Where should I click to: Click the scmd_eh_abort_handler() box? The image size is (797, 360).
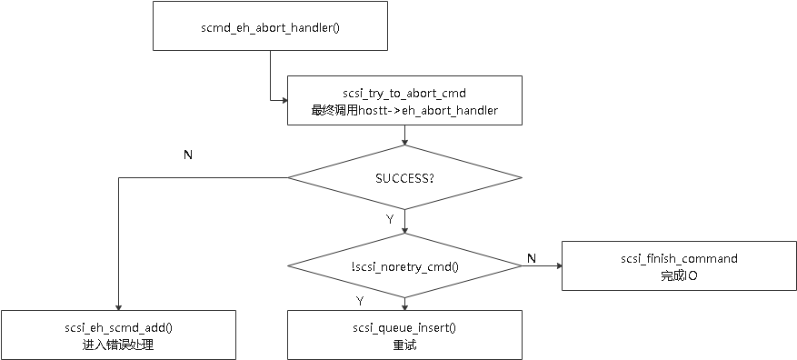coord(269,25)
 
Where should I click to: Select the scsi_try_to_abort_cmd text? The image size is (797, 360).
coord(404,93)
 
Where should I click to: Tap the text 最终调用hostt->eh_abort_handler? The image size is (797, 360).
coord(404,110)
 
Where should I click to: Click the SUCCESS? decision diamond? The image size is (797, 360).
coord(404,177)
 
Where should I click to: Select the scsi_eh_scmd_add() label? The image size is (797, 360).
coord(118,327)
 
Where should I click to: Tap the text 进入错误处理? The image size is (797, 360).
coord(118,345)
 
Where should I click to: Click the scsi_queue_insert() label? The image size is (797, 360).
coord(404,327)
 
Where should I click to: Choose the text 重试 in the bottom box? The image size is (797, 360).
coord(404,345)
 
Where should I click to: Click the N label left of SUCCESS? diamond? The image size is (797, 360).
coord(187,155)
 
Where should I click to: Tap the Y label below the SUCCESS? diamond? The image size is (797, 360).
coord(390,219)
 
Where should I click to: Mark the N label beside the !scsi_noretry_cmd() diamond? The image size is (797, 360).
coord(531,260)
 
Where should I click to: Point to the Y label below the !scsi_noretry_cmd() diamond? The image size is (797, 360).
coord(359,299)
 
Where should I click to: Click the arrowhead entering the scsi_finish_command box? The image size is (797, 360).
coord(557,266)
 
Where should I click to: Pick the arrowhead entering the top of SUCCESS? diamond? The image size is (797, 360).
coord(404,141)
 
